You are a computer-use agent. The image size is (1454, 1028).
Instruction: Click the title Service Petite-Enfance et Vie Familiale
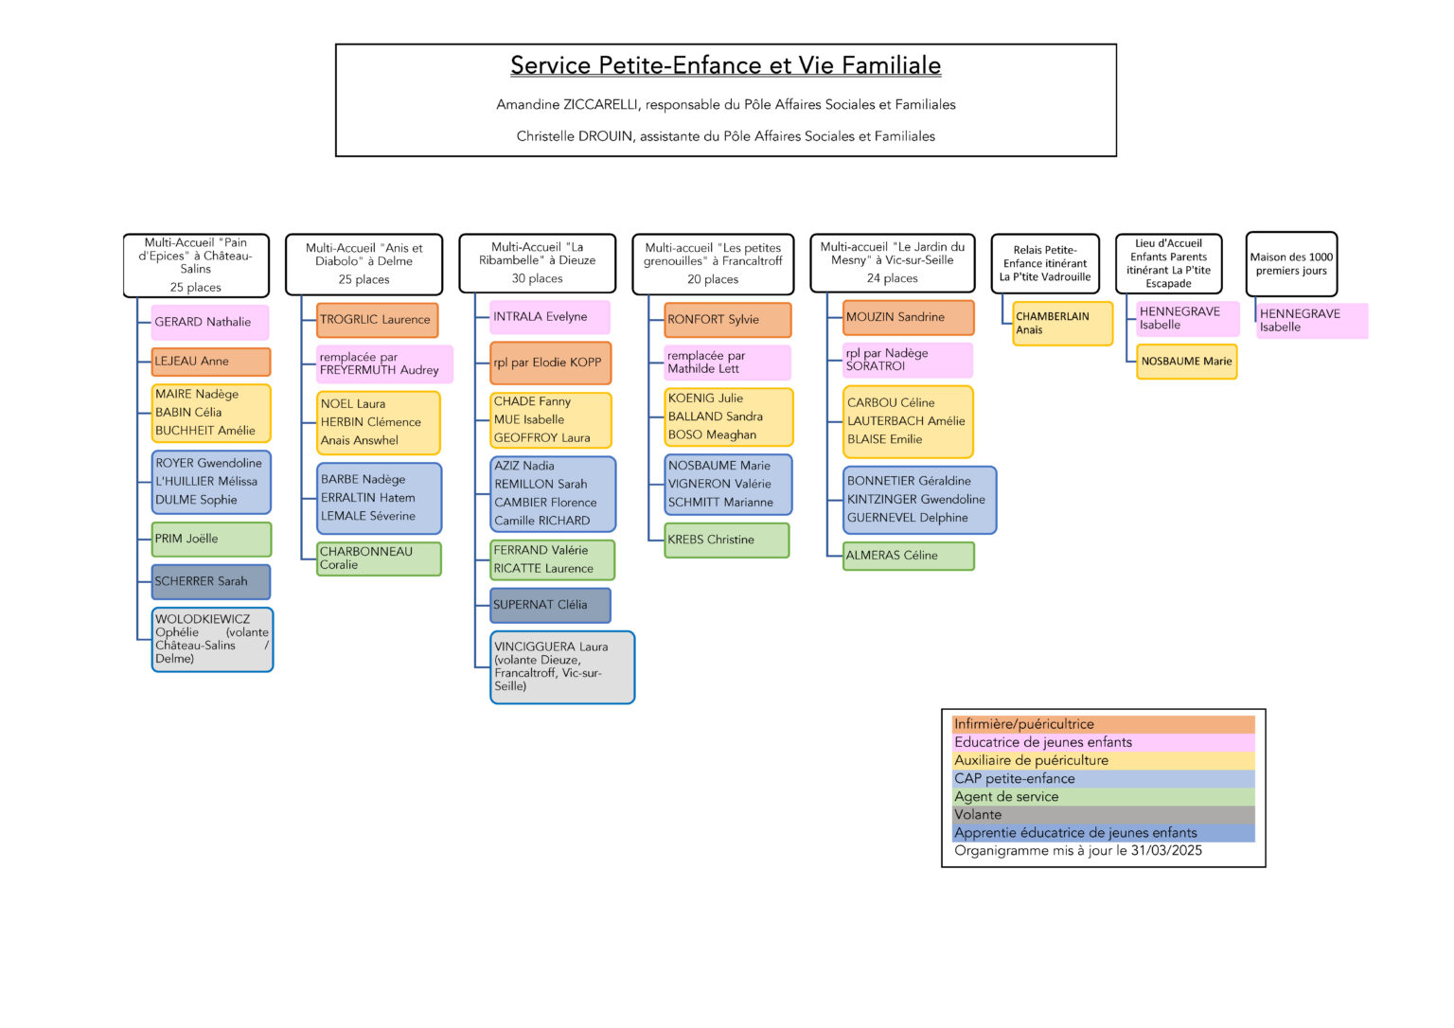725,65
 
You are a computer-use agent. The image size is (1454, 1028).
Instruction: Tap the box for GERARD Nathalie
209,322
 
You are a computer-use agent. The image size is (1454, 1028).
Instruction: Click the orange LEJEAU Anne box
211,362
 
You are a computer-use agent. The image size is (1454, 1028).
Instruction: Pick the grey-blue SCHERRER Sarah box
211,581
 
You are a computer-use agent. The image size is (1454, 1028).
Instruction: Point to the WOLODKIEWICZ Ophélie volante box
212,639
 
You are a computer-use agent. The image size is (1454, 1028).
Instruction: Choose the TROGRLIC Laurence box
377,320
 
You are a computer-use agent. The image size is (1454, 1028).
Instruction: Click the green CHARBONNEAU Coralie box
379,558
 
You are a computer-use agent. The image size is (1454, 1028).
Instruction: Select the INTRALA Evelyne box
550,317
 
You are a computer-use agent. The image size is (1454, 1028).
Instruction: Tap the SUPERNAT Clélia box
550,605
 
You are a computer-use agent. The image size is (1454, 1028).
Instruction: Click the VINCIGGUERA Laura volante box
562,667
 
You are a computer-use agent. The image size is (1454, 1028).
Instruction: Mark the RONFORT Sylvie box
728,320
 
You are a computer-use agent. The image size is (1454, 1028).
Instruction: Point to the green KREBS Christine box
727,540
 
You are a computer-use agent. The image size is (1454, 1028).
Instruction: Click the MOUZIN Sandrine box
908,317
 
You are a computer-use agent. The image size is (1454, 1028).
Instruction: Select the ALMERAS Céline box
909,556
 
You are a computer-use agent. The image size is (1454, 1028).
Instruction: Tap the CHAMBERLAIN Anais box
1063,323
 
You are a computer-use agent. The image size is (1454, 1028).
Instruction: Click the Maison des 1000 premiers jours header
1291,264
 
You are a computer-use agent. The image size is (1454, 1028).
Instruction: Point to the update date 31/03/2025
1166,851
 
